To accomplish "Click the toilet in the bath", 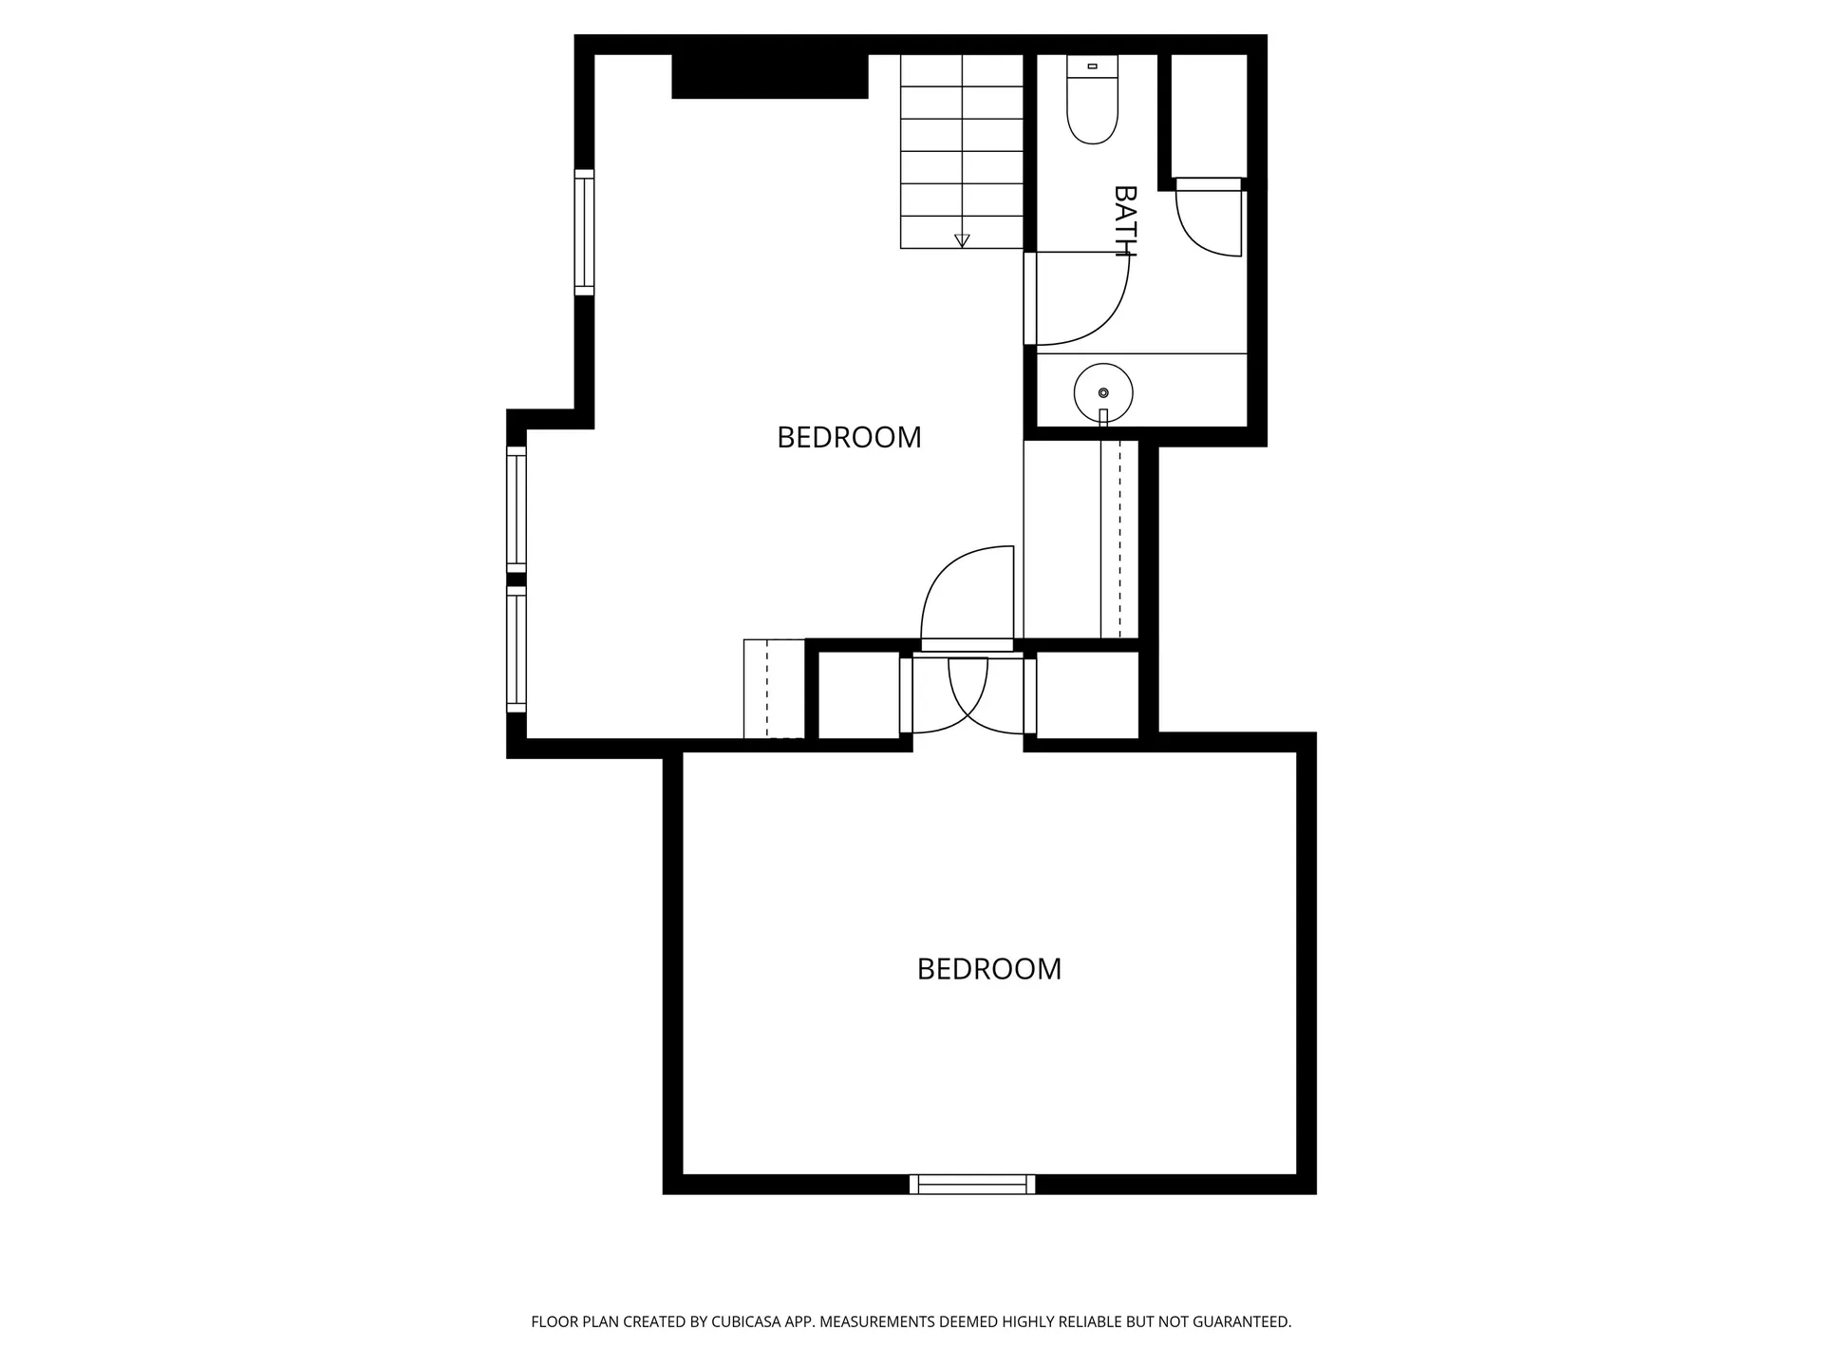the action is point(1092,99).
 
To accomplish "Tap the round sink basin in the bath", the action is point(1103,392).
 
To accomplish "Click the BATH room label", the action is point(1125,221).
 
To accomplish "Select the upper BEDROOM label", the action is point(849,437).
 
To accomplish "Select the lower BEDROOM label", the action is point(989,969).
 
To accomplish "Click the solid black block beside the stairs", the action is point(770,76).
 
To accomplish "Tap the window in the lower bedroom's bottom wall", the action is point(972,1184).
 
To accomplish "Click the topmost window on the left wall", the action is point(584,233).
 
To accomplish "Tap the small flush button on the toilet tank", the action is point(1092,66).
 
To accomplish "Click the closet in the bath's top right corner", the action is point(1209,116).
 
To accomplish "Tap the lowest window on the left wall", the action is point(517,649).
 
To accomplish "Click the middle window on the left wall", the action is point(517,510).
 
